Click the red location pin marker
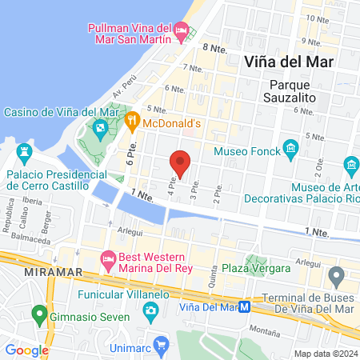181,163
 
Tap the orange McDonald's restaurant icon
133,123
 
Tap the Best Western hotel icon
108,258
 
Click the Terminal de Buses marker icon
338,277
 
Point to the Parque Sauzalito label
294,90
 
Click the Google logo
26,350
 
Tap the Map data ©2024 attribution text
326,353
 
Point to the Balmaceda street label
29,237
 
